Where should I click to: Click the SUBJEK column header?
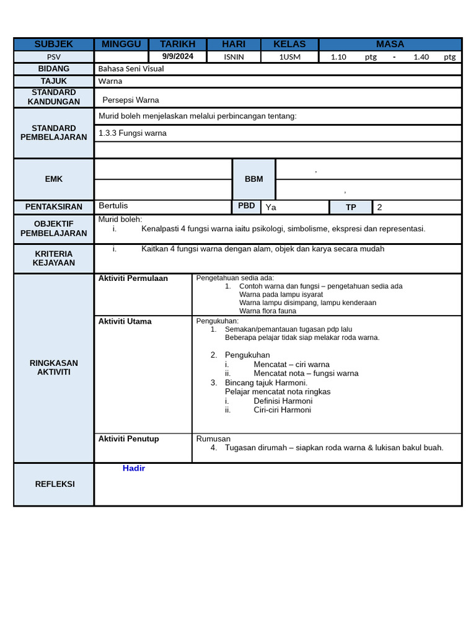pos(54,44)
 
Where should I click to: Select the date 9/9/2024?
pos(178,56)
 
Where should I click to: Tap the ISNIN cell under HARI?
pos(234,57)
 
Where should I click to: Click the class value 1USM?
pos(289,57)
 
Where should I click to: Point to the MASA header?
pos(390,44)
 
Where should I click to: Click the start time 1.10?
pos(338,57)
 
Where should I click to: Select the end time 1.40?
pos(421,57)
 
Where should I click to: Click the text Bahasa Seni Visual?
pos(131,69)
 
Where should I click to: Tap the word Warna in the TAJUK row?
pos(110,81)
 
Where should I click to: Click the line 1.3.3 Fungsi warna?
pos(133,133)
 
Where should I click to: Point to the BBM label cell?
pos(253,179)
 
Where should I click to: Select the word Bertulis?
pos(113,205)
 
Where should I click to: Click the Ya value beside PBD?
pos(271,207)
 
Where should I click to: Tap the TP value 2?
pos(380,207)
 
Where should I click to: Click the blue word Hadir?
pos(134,468)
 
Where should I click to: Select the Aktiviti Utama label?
pos(125,321)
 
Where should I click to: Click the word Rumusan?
pos(213,438)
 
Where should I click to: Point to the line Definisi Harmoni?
pos(283,401)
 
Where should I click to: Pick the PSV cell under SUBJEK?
pos(54,57)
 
